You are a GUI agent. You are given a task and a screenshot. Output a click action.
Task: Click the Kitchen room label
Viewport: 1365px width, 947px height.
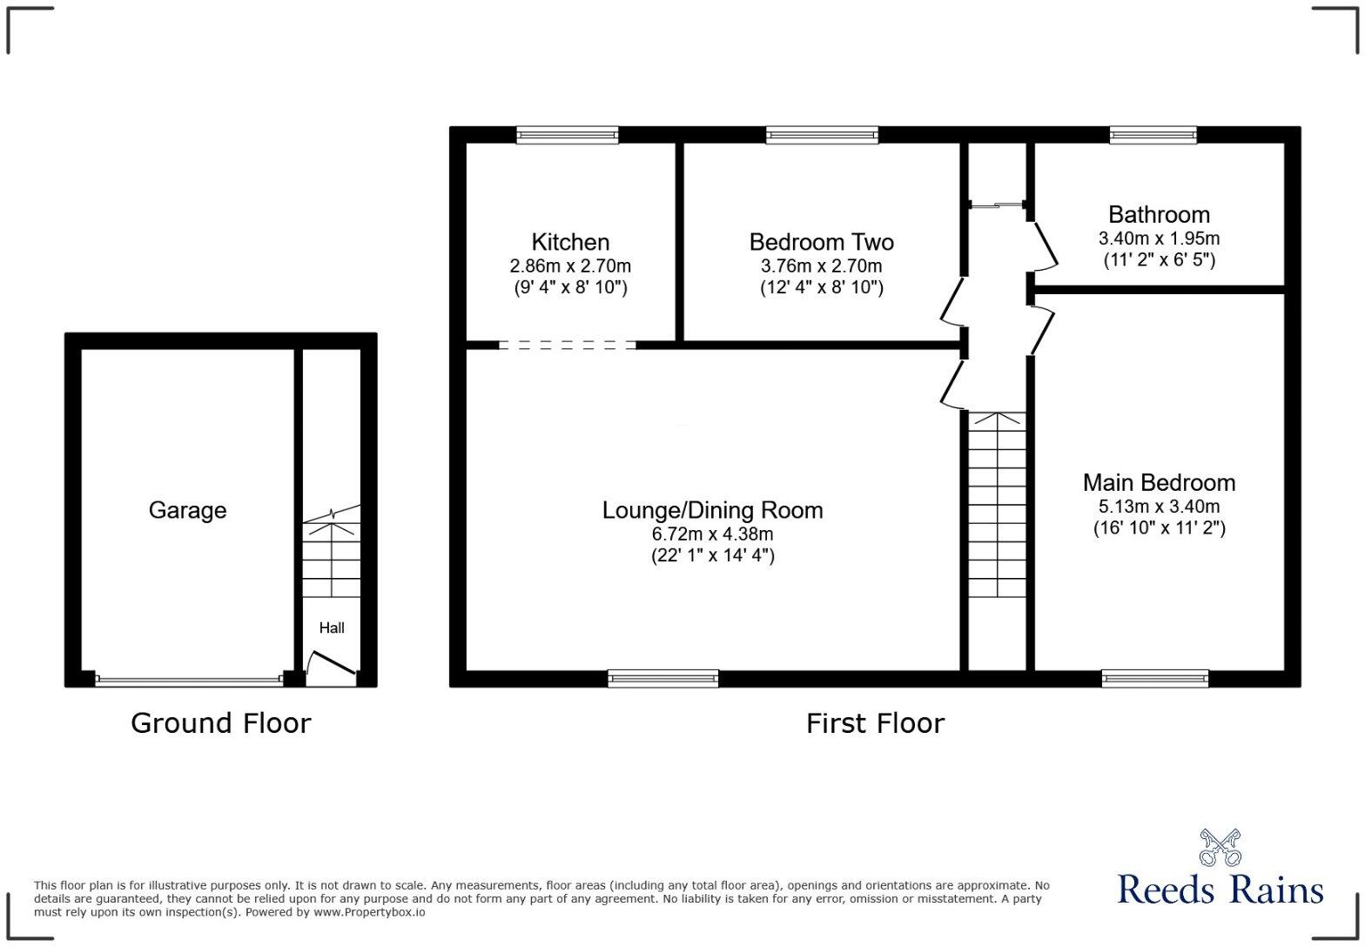tap(570, 242)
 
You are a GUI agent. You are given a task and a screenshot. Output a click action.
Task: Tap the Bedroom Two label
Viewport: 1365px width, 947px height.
tap(821, 242)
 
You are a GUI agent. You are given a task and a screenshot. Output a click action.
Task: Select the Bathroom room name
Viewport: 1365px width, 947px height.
tap(1159, 214)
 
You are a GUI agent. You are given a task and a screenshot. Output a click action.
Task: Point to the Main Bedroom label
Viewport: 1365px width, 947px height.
tap(1159, 482)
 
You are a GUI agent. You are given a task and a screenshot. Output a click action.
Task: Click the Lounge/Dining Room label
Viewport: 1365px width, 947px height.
tap(712, 510)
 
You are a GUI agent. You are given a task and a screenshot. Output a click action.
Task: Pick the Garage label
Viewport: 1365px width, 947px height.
tap(187, 510)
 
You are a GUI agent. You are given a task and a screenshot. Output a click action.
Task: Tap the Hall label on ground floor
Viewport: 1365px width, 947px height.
tap(332, 628)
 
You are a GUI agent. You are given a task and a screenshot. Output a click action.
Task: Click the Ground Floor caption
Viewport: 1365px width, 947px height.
tap(220, 723)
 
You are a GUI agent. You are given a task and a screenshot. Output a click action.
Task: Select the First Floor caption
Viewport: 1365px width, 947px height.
tap(875, 723)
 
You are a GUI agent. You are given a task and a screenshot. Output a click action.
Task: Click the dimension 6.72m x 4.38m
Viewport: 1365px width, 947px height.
tap(712, 534)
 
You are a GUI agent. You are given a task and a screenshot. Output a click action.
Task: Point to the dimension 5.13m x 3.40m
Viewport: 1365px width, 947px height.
tap(1159, 506)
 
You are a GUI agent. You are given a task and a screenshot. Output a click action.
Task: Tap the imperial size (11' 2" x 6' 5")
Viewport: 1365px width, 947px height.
tap(1159, 259)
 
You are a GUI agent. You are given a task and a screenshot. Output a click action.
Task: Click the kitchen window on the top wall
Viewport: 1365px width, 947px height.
tap(567, 135)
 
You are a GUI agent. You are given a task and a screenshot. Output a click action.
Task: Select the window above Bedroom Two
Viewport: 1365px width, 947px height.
tap(822, 135)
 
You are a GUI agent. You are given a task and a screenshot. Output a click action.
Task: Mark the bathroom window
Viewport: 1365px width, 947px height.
tap(1153, 135)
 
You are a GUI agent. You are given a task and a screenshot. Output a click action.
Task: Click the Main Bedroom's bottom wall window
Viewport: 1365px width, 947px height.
tap(1155, 678)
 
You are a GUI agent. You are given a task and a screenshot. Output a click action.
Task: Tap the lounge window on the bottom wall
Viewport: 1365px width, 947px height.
tap(663, 678)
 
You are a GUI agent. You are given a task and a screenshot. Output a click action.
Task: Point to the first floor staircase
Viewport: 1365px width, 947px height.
tap(997, 505)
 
